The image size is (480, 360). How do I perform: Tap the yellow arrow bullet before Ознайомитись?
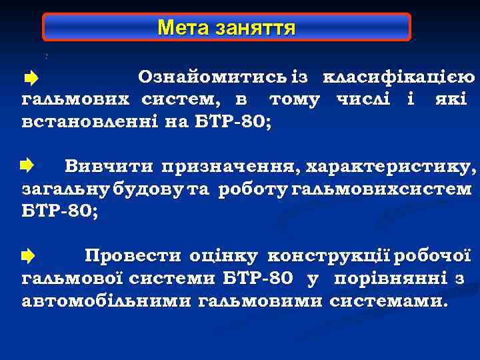30,79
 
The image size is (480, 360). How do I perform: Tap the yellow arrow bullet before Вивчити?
27,165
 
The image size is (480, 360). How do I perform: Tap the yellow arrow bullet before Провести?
27,255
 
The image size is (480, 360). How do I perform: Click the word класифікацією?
398,78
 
